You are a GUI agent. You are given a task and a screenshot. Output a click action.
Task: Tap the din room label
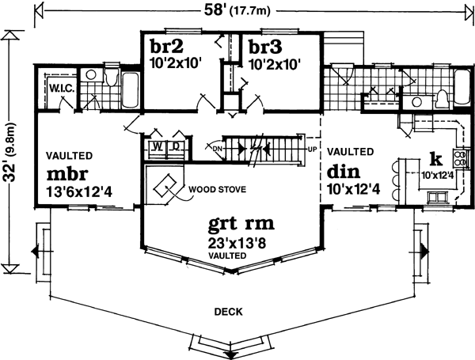(344, 171)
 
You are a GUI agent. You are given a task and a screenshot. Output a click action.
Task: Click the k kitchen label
(434, 157)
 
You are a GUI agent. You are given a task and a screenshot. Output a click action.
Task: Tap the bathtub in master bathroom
(129, 89)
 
